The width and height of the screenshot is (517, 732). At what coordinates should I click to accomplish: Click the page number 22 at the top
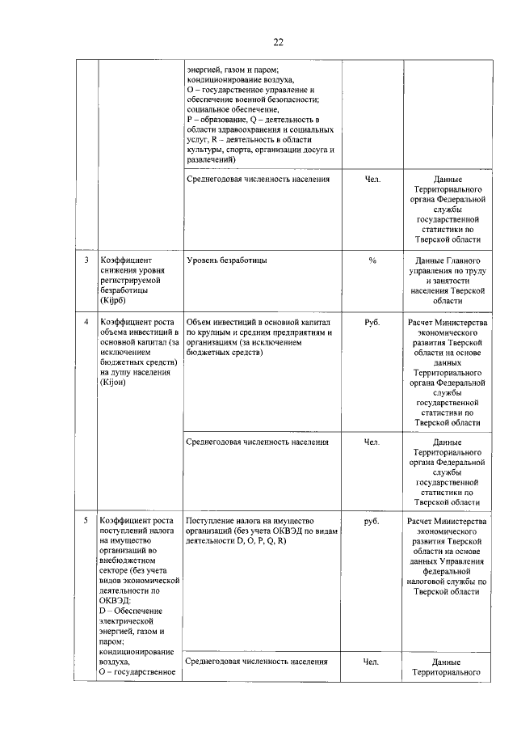(278, 42)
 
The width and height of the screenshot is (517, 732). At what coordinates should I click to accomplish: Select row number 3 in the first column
(86, 261)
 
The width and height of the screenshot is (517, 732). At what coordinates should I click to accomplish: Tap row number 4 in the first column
(86, 322)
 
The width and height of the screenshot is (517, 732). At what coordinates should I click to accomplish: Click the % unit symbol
(372, 261)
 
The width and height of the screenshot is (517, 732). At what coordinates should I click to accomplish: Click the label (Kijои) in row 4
(115, 382)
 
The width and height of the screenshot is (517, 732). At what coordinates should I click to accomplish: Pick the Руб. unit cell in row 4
(372, 322)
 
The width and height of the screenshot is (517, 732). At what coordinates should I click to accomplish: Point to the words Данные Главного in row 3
(447, 261)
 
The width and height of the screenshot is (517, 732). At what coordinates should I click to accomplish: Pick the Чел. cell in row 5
(372, 661)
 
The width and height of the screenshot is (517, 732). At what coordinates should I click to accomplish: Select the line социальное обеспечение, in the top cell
(233, 109)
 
